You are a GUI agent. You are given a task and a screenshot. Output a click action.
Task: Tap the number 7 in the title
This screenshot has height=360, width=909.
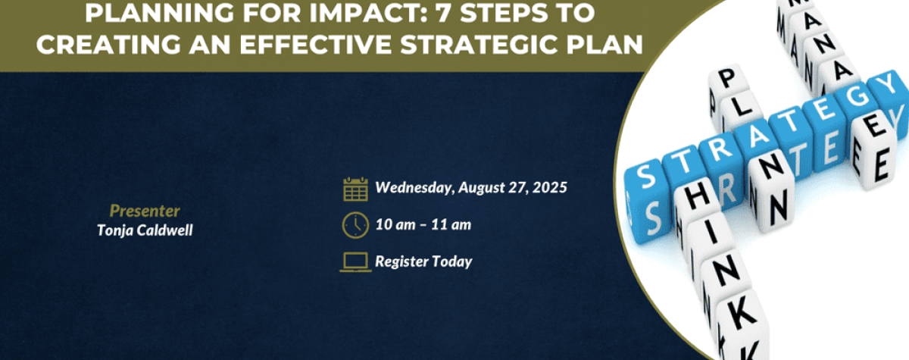(x=445, y=13)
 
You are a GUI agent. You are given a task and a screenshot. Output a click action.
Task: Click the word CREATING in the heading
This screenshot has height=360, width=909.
(x=108, y=44)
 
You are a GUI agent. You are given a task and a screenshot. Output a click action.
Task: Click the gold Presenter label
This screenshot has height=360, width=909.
(x=145, y=211)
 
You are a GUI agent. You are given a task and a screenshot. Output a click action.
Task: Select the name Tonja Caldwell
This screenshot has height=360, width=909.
(x=145, y=230)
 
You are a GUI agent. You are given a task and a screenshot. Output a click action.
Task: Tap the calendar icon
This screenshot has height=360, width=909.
(x=355, y=189)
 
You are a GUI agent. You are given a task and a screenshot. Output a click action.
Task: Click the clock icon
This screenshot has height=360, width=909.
(x=355, y=225)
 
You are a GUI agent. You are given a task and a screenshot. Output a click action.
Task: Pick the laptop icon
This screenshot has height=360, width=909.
(x=355, y=261)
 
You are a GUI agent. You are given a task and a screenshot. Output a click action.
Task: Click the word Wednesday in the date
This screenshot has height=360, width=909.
(x=415, y=187)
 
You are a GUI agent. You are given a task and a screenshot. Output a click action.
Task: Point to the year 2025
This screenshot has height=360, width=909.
(x=550, y=187)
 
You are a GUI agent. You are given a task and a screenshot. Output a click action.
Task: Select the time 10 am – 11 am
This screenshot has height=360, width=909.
(x=423, y=224)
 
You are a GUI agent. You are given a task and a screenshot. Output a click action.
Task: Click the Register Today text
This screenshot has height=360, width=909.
(x=423, y=261)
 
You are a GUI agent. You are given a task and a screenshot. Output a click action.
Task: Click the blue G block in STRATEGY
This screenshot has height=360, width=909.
(x=857, y=99)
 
